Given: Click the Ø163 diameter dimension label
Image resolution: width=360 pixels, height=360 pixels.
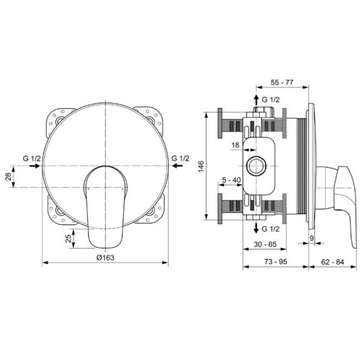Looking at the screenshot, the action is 105,257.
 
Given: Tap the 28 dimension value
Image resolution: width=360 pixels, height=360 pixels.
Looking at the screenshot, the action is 8,177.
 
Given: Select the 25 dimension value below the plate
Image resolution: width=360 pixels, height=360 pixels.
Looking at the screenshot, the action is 68,239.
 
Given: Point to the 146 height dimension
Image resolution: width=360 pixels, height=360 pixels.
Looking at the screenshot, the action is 200,166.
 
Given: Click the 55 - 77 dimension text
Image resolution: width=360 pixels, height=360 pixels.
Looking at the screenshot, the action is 282,82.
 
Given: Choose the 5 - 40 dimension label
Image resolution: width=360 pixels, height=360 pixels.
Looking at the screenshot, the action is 232,180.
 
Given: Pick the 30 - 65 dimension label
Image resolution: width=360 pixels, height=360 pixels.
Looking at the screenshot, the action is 265,244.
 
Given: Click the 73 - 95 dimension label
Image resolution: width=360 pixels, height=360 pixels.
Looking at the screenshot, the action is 275,262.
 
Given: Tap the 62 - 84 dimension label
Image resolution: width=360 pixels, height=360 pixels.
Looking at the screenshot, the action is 332,262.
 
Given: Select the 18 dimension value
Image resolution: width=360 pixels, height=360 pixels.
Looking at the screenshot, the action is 235,145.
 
